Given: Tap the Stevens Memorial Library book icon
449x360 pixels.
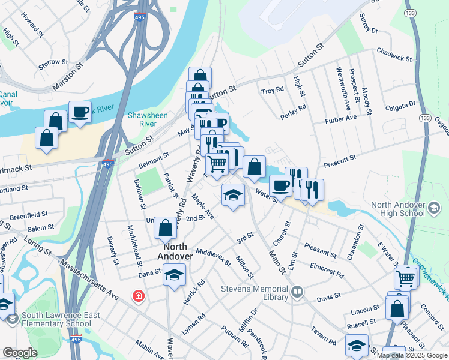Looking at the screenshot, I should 297,292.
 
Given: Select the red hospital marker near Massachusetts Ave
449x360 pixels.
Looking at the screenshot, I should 139,296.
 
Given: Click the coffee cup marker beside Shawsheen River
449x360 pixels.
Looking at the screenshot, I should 80,112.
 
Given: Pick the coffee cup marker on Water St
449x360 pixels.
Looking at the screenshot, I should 280,185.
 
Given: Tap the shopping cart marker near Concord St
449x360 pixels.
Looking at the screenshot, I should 405,278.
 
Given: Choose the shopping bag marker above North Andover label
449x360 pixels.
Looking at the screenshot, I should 165,228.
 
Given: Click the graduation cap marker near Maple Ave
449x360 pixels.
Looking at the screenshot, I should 233,194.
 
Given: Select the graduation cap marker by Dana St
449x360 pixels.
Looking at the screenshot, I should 175,275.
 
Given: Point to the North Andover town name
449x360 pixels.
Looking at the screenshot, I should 175,251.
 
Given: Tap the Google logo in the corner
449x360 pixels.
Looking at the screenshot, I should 20,353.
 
